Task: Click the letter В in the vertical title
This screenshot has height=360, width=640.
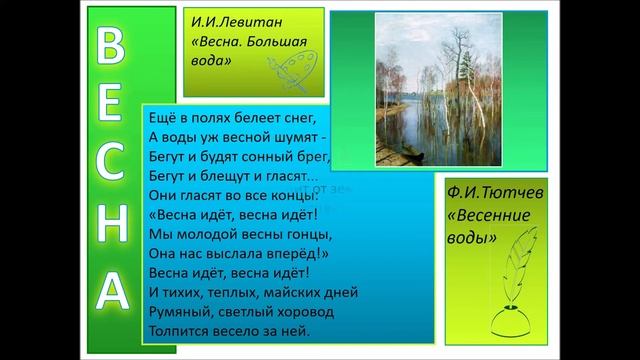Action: click(113, 46)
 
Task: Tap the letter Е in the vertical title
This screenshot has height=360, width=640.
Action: click(113, 107)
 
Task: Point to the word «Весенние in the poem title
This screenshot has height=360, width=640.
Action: click(489, 217)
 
